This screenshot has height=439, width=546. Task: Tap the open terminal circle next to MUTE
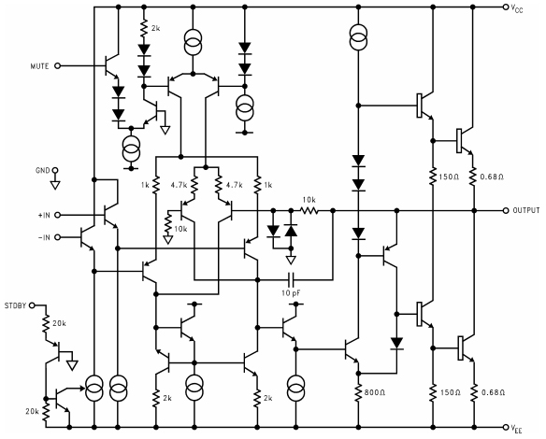[x=58, y=66]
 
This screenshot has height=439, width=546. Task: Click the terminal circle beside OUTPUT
[x=506, y=211]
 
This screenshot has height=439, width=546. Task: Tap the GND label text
[x=40, y=171]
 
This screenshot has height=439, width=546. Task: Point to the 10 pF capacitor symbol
[x=294, y=279]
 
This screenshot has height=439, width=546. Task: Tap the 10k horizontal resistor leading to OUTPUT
[x=307, y=211]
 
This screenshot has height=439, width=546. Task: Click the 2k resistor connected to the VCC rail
[x=142, y=31]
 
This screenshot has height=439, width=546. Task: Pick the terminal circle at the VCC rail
[x=506, y=7]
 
